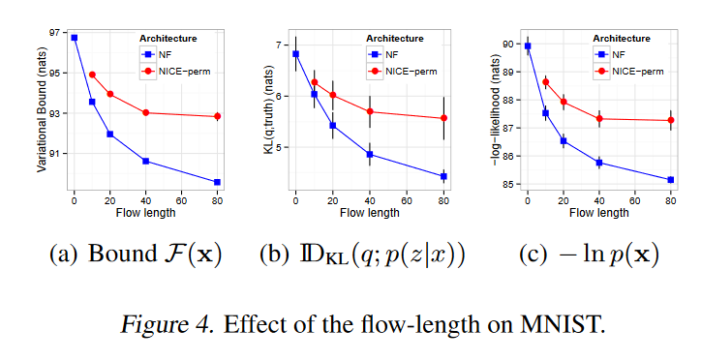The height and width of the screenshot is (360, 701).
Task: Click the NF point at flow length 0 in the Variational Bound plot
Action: (75, 38)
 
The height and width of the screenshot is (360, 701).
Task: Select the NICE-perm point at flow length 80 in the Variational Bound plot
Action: (218, 116)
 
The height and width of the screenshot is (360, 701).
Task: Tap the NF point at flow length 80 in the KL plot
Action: (443, 176)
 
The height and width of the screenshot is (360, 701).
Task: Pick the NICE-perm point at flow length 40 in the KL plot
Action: (370, 111)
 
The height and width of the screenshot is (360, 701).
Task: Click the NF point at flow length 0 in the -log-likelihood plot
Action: (528, 45)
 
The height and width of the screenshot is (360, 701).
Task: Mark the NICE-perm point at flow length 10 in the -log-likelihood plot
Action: (545, 82)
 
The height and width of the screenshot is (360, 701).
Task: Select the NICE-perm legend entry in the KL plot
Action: (397, 71)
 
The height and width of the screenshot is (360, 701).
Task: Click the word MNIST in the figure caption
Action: (569, 323)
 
